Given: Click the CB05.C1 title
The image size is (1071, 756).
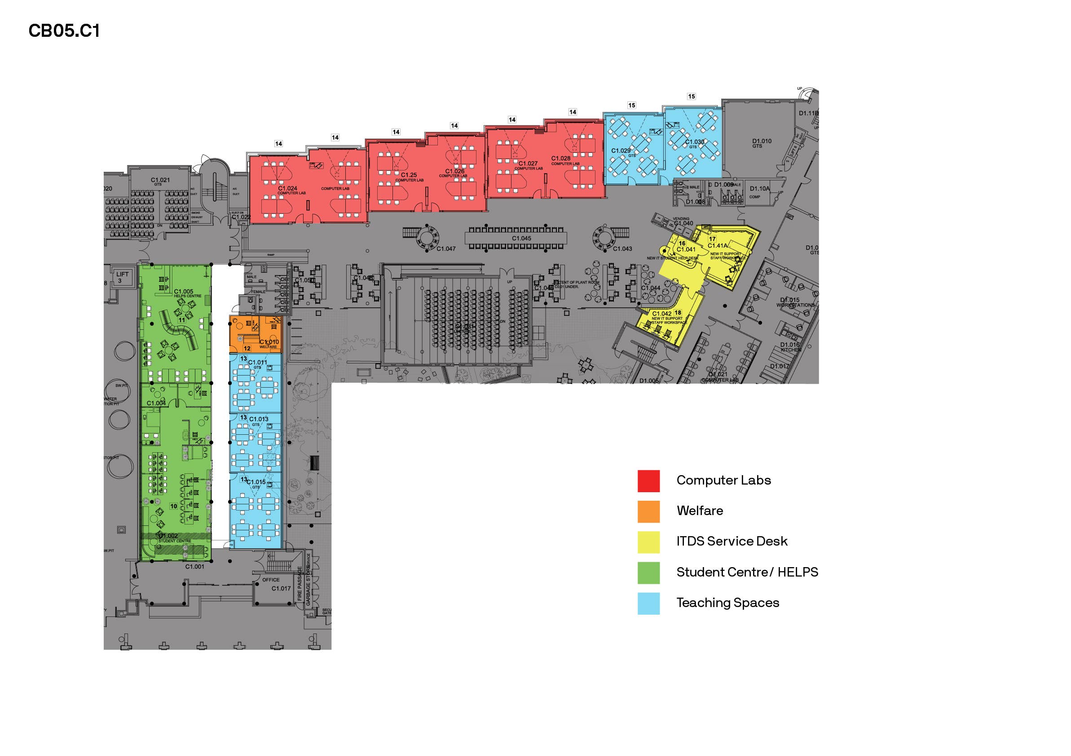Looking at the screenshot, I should click(64, 31).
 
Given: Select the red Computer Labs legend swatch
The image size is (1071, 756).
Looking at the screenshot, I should click(648, 481).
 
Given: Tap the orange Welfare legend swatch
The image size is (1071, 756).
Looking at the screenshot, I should click(648, 511).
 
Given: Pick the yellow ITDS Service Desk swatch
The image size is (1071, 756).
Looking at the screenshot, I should click(648, 542).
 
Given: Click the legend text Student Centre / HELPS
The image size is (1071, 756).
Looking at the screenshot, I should click(747, 572).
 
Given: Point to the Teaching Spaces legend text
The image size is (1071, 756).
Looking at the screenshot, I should click(727, 603).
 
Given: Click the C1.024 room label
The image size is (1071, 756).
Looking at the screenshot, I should click(287, 189).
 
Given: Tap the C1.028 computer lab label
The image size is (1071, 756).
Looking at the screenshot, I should click(561, 158).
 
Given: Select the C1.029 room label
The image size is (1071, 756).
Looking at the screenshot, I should click(621, 151).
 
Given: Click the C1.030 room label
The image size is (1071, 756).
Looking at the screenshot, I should click(695, 142).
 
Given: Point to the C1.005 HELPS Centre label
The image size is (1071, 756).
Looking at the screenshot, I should click(184, 292).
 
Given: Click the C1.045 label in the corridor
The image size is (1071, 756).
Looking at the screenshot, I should click(521, 238).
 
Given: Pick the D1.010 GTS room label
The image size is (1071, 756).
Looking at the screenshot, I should click(762, 141).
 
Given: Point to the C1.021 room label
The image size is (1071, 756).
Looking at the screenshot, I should click(160, 180).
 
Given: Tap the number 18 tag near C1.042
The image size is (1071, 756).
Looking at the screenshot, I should click(678, 313).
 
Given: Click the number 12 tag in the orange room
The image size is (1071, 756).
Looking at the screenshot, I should click(247, 349).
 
